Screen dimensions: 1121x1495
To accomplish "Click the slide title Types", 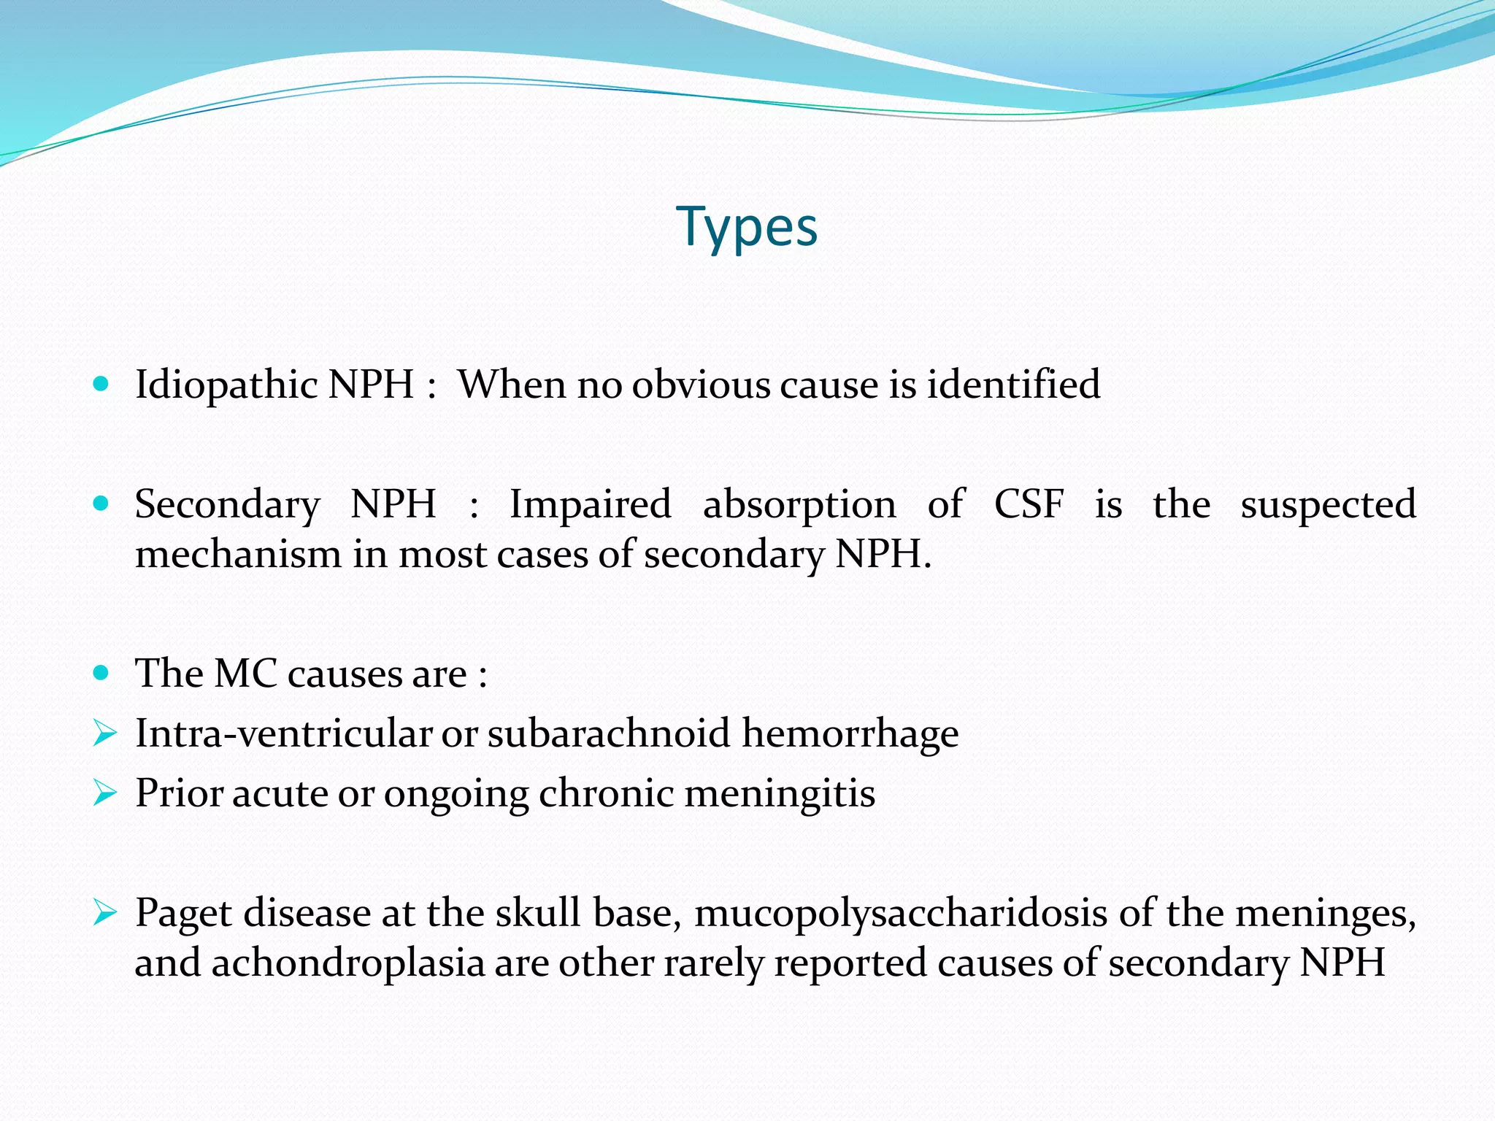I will point(746,228).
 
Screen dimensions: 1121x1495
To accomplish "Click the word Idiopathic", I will point(226,385).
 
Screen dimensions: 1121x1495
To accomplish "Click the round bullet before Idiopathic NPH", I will point(101,383).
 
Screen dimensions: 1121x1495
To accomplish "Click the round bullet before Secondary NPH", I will point(101,503).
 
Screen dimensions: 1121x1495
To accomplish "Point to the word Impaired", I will point(590,504).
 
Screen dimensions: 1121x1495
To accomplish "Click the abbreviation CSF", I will point(1029,504).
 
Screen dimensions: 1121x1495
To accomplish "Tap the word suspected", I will point(1328,506).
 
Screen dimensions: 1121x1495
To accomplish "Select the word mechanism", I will point(238,554).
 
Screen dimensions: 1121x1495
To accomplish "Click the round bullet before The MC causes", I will point(101,672).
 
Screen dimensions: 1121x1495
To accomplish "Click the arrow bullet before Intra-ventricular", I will point(104,733).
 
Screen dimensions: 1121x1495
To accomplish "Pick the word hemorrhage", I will point(850,733).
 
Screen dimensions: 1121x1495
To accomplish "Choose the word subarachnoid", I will point(608,733).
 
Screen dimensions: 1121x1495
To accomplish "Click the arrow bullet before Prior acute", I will point(104,793).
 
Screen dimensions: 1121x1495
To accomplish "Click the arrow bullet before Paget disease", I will point(104,912).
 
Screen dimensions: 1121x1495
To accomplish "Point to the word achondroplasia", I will point(348,963).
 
